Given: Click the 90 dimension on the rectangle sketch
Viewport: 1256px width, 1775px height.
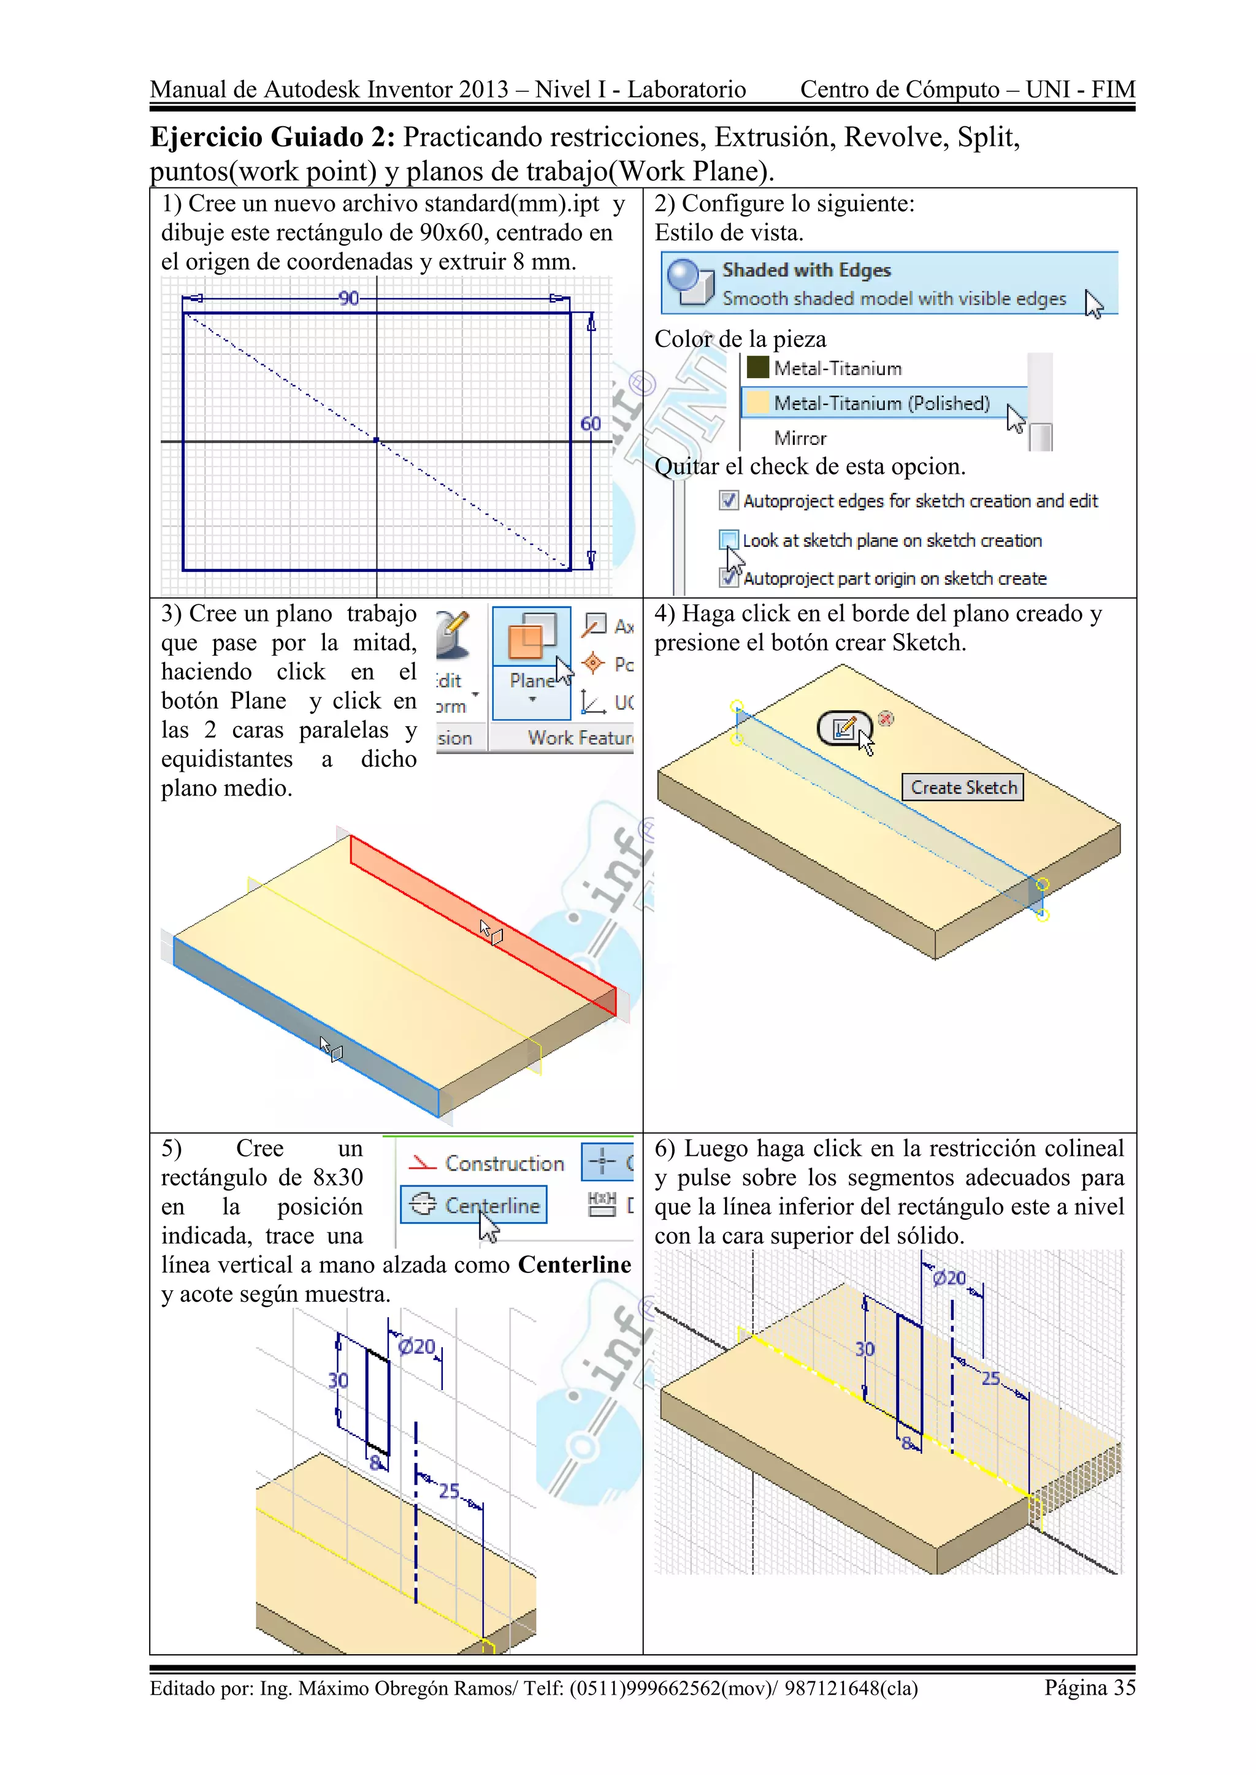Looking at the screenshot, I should [x=349, y=298].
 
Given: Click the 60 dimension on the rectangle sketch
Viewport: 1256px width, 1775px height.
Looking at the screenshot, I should [x=590, y=424].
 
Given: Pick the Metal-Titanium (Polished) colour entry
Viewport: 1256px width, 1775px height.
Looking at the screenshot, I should [x=882, y=403].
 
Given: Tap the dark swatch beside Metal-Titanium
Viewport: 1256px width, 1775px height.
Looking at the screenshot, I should [x=757, y=367].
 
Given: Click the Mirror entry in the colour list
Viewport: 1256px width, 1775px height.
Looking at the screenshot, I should [x=800, y=438].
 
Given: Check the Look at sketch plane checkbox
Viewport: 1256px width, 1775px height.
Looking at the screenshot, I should [x=728, y=539].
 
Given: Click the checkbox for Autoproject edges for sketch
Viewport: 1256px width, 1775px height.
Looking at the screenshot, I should [x=728, y=500].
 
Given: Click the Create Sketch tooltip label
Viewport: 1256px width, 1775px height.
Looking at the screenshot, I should [x=963, y=787].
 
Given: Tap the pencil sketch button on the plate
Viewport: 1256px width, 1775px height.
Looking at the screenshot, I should [x=844, y=728].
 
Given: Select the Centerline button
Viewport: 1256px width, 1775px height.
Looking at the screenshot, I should [x=473, y=1204].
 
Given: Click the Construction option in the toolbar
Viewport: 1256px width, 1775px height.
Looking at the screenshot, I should [x=487, y=1163].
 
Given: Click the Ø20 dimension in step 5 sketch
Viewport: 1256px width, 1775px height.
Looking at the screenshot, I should [x=417, y=1347].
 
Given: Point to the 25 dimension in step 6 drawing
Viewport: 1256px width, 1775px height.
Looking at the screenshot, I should [x=990, y=1378].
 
